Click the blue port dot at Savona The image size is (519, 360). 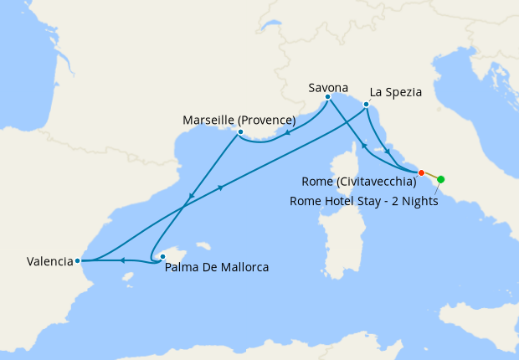(x=327, y=97)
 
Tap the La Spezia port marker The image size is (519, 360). (x=366, y=105)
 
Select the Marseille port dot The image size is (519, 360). (x=240, y=131)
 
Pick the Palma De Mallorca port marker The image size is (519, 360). (x=162, y=257)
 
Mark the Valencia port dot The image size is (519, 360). (x=77, y=260)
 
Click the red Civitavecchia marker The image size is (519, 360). (x=422, y=172)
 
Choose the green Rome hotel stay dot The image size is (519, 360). (x=441, y=179)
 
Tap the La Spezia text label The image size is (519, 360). (x=394, y=91)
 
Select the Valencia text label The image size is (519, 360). (x=49, y=261)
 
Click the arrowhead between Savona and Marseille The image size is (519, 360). (x=287, y=131)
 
